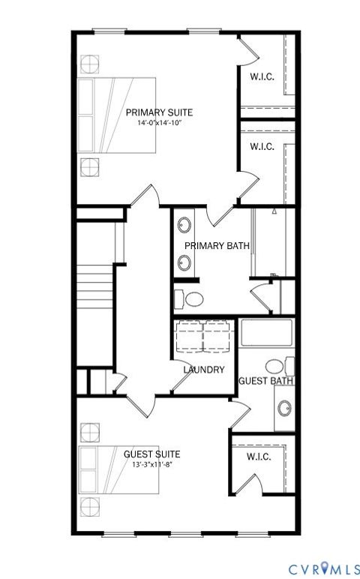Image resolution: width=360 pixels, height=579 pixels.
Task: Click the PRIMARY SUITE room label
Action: (x=159, y=112)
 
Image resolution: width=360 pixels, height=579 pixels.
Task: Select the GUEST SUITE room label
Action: (x=151, y=454)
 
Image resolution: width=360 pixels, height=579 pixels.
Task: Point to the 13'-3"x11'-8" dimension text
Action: (x=151, y=463)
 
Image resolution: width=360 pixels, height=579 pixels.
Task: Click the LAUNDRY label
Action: (x=204, y=370)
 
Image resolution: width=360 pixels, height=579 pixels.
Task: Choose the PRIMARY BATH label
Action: (x=217, y=245)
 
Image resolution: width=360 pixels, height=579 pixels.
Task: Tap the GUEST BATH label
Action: (x=265, y=381)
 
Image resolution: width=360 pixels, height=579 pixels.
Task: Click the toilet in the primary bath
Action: (x=188, y=298)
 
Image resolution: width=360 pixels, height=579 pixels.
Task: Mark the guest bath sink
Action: (x=284, y=409)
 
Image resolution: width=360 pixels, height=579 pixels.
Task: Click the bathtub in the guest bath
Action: (x=266, y=333)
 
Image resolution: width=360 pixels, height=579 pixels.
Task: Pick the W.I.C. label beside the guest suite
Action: (x=259, y=457)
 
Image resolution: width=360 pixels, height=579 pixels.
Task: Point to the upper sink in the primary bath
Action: (x=184, y=224)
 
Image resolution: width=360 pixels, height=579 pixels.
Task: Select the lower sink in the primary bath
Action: (x=184, y=262)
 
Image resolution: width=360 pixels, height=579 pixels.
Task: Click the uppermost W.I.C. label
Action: (x=262, y=75)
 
